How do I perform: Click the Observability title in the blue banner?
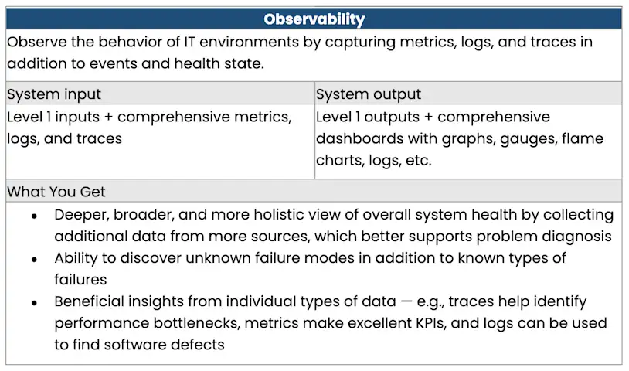coord(314,19)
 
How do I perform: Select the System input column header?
coord(54,94)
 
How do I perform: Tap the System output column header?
coord(369,94)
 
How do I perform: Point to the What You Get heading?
coord(56,191)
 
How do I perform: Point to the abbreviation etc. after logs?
coord(418,161)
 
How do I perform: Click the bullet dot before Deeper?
coord(34,216)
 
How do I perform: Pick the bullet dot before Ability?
coord(34,258)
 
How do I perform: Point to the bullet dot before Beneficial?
coord(34,301)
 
